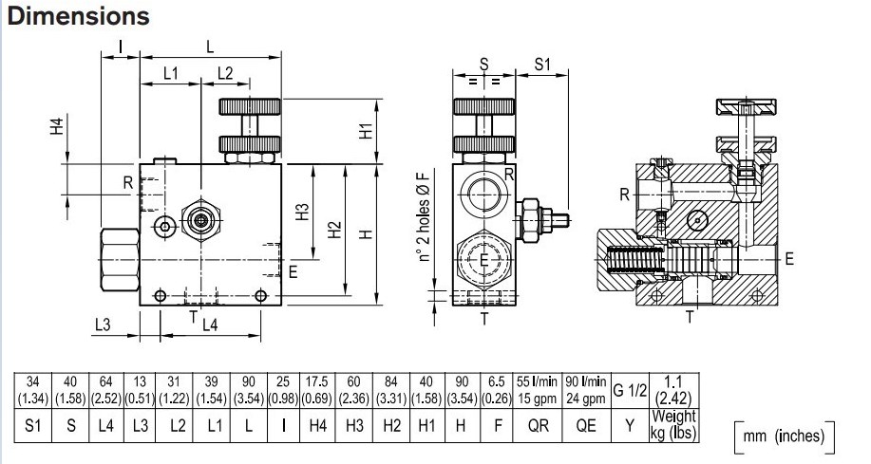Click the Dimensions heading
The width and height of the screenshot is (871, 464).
tap(79, 16)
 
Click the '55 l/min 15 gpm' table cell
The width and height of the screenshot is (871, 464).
tap(537, 389)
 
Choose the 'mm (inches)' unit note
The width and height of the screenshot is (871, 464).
tap(786, 436)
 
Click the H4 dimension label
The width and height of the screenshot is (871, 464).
tap(56, 127)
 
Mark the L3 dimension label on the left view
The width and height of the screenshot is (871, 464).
tap(104, 325)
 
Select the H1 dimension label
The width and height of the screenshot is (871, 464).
tap(366, 130)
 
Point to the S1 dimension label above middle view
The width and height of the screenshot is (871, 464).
tap(542, 65)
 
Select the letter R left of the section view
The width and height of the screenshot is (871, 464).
tap(624, 195)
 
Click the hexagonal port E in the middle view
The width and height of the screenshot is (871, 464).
tap(484, 259)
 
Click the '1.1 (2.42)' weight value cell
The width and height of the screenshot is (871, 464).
tap(673, 389)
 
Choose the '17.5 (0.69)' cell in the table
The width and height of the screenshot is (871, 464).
tap(318, 389)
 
